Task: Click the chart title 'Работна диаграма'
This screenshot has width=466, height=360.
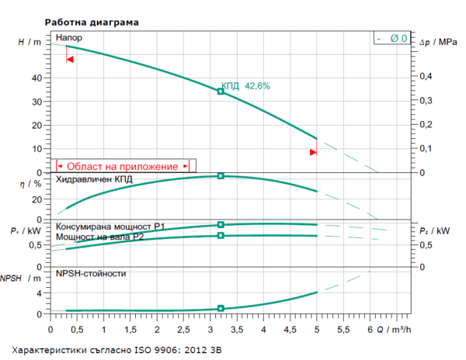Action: click(x=92, y=22)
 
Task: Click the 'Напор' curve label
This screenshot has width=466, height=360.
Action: click(x=68, y=37)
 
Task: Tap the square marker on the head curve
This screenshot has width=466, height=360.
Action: click(x=221, y=92)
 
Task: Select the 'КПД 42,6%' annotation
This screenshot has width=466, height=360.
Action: click(x=245, y=86)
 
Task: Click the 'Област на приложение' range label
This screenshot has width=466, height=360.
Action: click(x=122, y=165)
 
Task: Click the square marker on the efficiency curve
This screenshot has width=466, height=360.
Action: click(x=221, y=176)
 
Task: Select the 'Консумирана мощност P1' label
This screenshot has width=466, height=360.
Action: click(x=110, y=226)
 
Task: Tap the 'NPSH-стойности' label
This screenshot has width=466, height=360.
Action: click(x=91, y=273)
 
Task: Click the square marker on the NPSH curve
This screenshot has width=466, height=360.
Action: click(x=221, y=309)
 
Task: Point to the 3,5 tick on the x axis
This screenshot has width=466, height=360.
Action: click(x=236, y=330)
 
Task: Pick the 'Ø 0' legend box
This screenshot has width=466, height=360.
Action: click(x=390, y=38)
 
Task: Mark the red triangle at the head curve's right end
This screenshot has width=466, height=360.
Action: click(x=313, y=152)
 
